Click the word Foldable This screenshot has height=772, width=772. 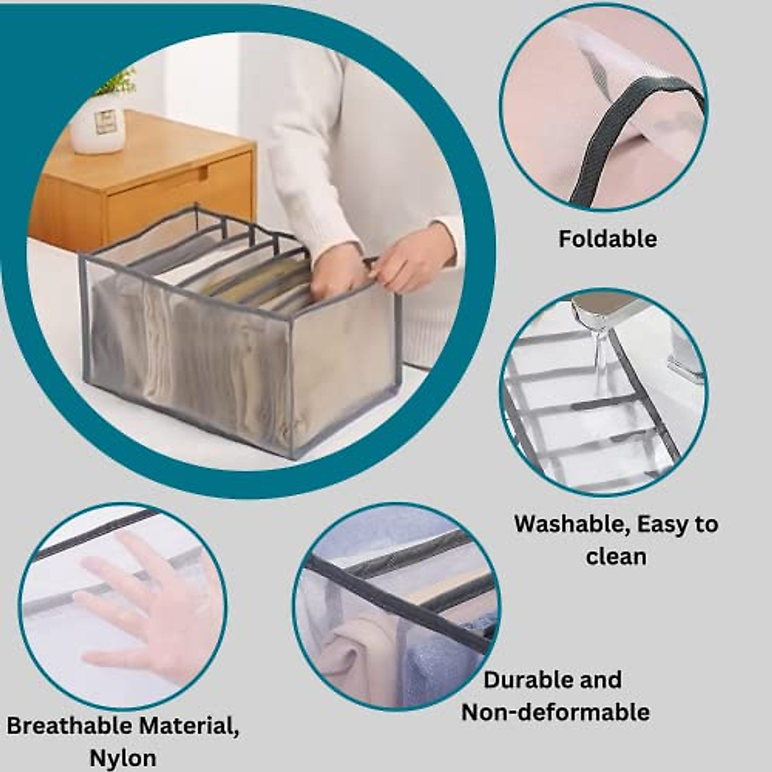point(607,239)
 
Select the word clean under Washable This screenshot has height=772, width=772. point(616,556)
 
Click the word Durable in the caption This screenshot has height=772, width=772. point(527,680)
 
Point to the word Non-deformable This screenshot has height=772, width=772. point(555,712)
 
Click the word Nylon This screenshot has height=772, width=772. point(122,758)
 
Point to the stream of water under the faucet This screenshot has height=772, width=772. point(602,360)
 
